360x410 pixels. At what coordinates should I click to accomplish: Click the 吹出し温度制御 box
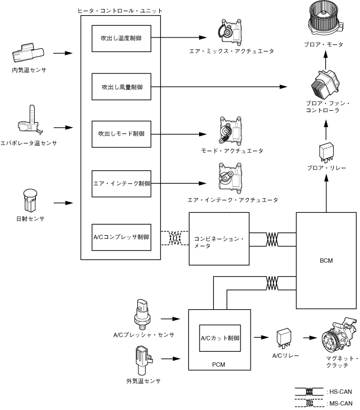121,39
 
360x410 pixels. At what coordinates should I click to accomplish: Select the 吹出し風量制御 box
121,87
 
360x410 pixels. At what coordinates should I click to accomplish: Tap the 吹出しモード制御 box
121,134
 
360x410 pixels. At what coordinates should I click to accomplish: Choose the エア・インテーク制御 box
121,183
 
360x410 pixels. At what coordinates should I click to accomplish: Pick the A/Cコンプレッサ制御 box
121,237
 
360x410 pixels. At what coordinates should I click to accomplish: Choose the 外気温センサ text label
144,381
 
